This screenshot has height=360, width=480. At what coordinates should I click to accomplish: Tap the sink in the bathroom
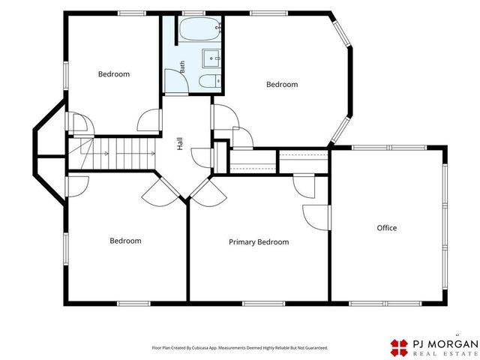point(211,58)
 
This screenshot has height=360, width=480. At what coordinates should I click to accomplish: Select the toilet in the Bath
point(210,81)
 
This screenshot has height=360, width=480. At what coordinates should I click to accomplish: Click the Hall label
point(180,143)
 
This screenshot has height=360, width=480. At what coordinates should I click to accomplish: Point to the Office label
point(387,228)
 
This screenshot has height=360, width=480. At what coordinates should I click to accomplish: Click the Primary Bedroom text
point(259,242)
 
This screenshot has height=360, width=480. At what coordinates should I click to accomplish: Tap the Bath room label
point(182,67)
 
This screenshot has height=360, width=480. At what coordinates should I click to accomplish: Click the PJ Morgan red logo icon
point(399,347)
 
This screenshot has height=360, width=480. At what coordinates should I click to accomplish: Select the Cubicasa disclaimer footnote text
point(240,348)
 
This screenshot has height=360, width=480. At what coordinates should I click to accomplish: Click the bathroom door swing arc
point(181,76)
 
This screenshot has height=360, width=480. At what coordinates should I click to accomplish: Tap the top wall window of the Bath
point(193,13)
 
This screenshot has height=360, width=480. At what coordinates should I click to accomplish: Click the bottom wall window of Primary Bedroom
point(263,304)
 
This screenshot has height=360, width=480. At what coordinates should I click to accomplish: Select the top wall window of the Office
point(388,148)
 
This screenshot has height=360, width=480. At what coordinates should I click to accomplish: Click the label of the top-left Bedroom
point(114,74)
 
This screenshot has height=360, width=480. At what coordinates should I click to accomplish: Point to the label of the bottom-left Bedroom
point(125,241)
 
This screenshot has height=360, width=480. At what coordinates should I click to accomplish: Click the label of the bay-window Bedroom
point(282,85)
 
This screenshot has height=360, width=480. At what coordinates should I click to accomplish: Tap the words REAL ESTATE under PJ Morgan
point(445,353)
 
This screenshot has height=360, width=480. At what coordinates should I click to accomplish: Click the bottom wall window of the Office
point(385,304)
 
